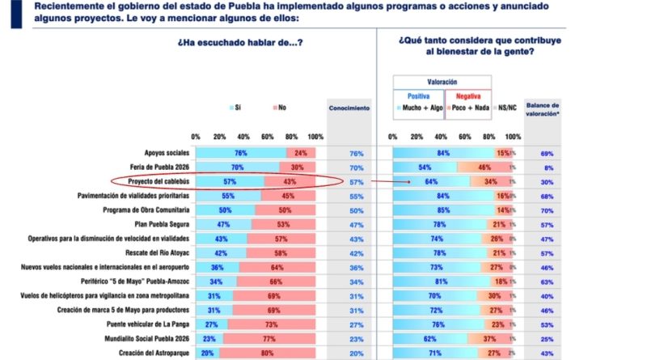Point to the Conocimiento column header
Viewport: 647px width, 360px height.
click(349, 107)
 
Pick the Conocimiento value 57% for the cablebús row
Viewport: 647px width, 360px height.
click(357, 181)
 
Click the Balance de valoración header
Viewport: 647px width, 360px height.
click(543, 111)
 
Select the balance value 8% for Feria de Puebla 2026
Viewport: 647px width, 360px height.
click(547, 167)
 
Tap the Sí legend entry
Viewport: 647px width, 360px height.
click(235, 107)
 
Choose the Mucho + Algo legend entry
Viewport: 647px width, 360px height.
click(419, 107)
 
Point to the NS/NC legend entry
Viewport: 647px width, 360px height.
click(507, 107)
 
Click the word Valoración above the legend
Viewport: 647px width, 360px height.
click(442, 82)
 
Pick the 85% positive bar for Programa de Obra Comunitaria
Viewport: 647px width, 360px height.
click(442, 210)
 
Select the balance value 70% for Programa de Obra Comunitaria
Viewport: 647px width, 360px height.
click(546, 210)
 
